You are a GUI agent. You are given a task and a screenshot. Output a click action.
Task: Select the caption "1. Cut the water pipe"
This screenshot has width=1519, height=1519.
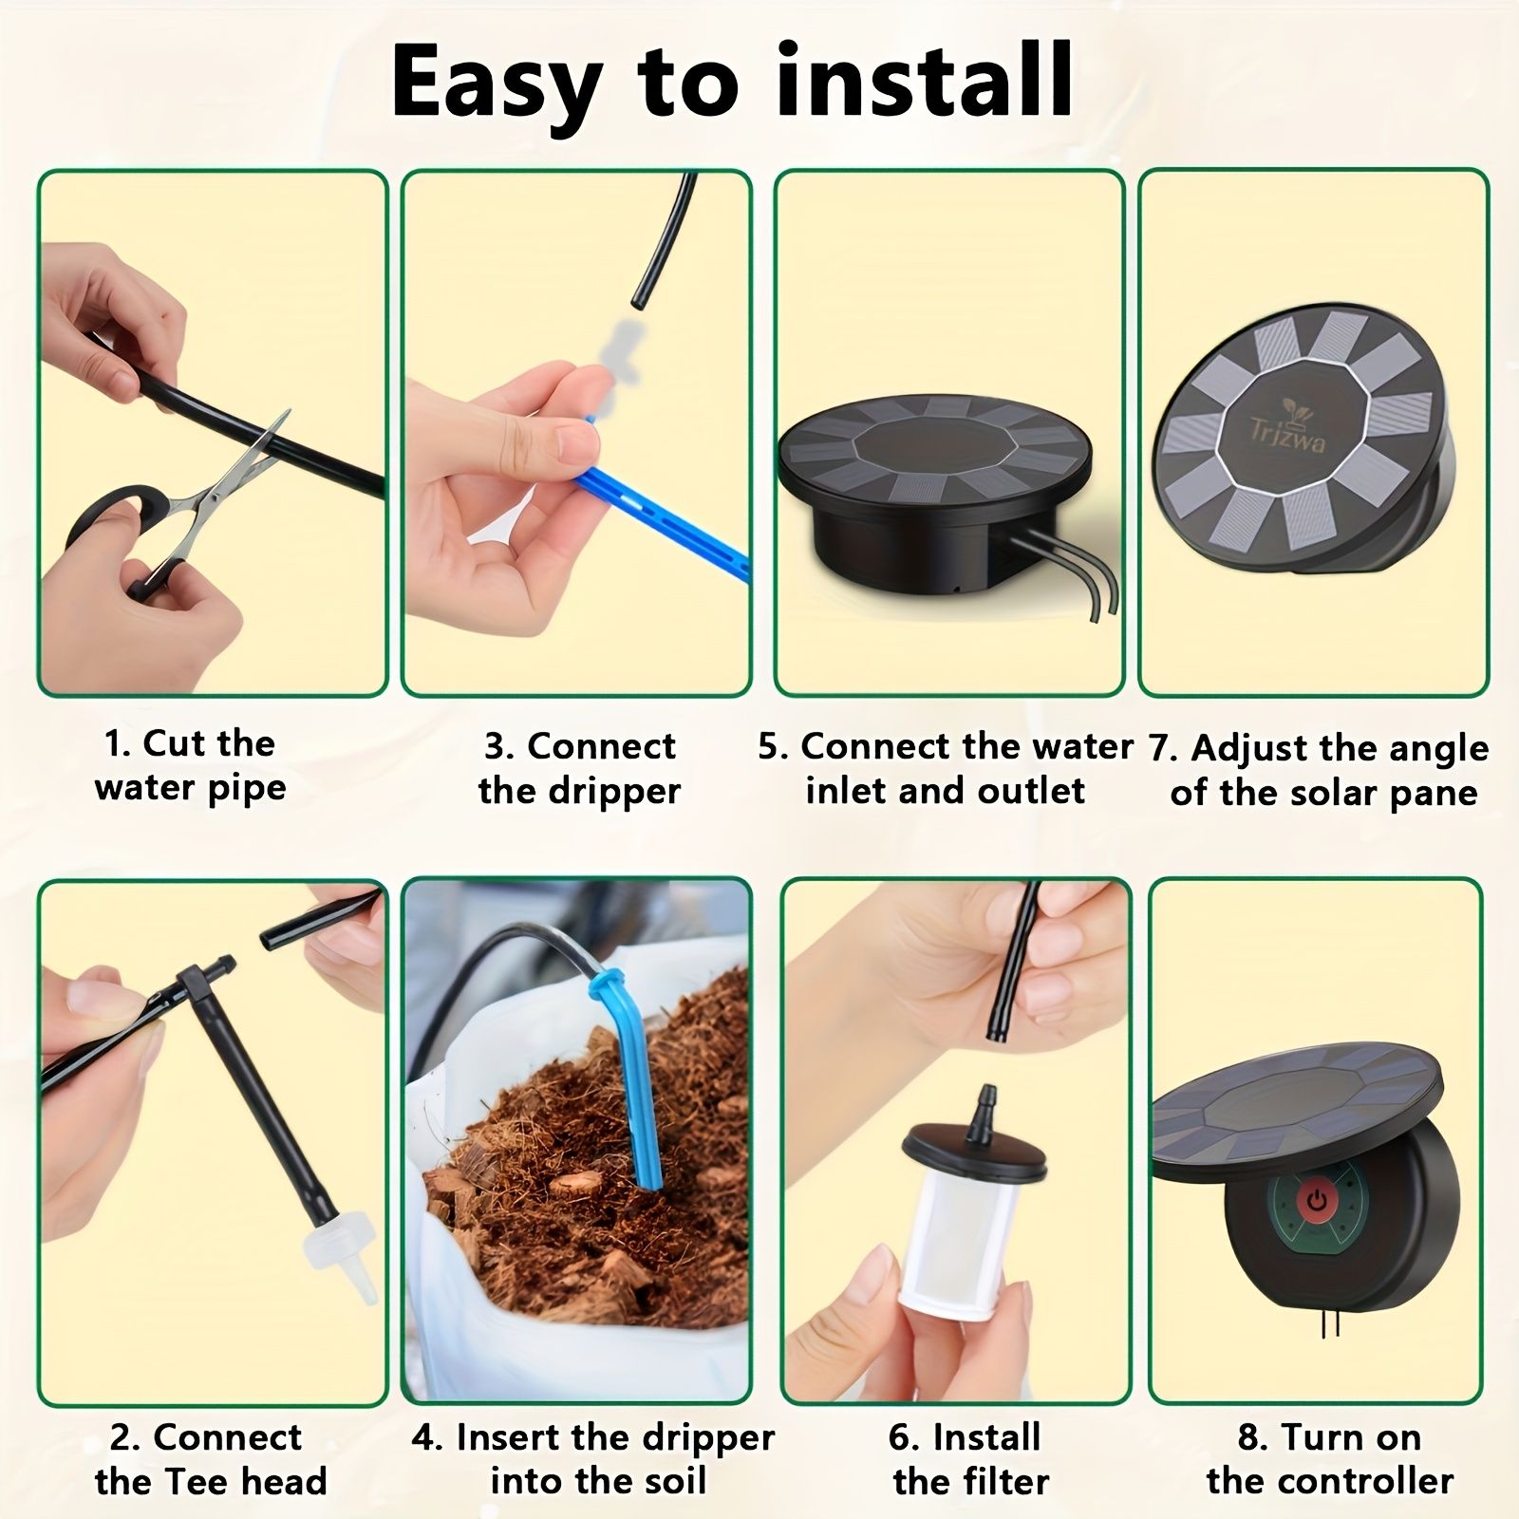190,765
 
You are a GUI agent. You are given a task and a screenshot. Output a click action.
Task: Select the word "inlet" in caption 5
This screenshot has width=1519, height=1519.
847,791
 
